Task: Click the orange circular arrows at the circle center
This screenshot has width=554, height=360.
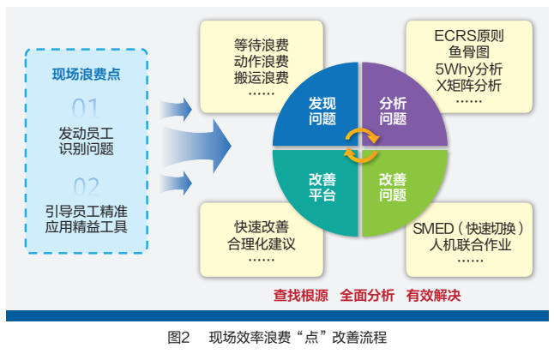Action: pyautogui.click(x=359, y=147)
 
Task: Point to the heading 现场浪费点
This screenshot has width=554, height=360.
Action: pyautogui.click(x=86, y=74)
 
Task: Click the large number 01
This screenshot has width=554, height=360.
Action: pyautogui.click(x=86, y=108)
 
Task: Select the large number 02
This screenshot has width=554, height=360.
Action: pyautogui.click(x=86, y=185)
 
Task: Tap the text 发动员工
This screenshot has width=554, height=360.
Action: pyautogui.click(x=86, y=133)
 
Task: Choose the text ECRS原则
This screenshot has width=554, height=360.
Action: pyautogui.click(x=469, y=37)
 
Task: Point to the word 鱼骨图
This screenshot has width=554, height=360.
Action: pyautogui.click(x=469, y=53)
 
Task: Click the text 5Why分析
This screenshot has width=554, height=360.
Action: pyautogui.click(x=469, y=69)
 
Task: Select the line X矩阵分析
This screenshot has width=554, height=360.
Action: pyautogui.click(x=469, y=86)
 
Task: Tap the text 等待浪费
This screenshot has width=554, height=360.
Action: pyautogui.click(x=261, y=45)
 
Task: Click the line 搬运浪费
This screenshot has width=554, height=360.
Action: pyautogui.click(x=261, y=77)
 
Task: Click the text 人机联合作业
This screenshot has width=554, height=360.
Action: pyautogui.click(x=469, y=244)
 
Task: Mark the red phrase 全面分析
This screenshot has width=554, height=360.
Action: pyautogui.click(x=366, y=296)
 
